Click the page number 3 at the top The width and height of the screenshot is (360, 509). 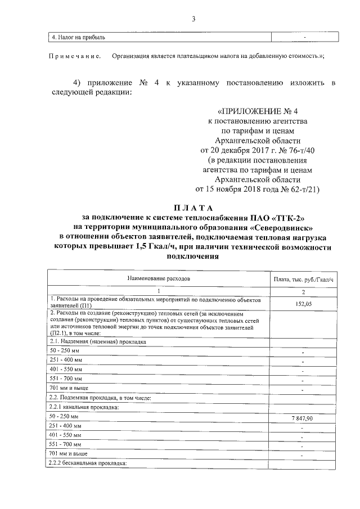click(193, 20)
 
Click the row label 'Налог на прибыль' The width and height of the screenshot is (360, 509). click(78, 38)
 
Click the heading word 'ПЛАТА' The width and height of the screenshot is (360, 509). click(192, 209)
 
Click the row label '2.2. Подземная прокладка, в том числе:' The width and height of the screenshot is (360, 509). click(99, 398)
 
